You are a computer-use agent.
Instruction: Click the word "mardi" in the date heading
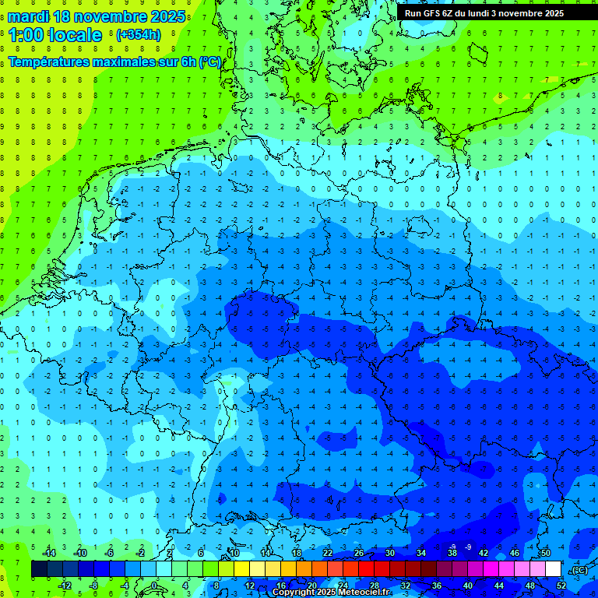pos(28,16)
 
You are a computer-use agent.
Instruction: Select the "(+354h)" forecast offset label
pos(139,35)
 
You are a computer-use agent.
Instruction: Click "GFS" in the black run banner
pos(434,13)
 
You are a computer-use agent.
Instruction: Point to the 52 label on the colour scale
pos(561,586)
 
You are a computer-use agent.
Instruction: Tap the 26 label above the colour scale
pos(358,553)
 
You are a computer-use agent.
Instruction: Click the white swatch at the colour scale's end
pos(553,569)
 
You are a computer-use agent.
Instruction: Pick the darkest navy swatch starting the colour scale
pos(39,569)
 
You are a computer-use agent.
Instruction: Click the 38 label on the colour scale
pos(452,553)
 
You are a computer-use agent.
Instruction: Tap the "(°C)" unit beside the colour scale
pos(579,570)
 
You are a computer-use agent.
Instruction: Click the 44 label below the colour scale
pos(498,586)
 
